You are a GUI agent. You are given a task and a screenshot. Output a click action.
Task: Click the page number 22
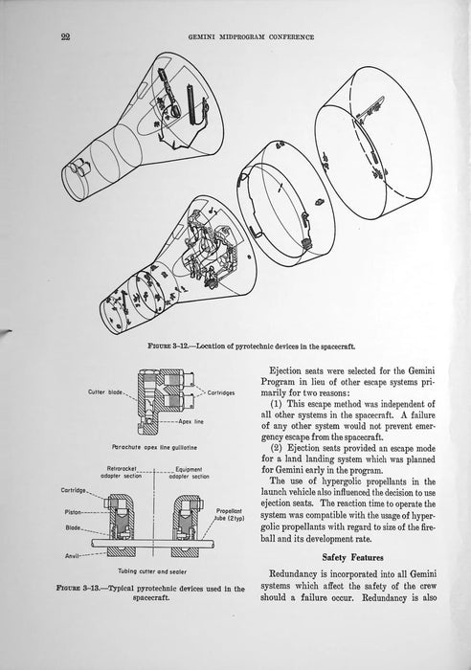pos(65,36)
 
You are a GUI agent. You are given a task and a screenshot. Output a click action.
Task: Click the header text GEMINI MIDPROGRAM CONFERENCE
pos(252,37)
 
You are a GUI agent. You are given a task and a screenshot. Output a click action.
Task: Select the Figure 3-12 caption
pos(252,346)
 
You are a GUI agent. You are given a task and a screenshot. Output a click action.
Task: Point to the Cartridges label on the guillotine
pos(221,392)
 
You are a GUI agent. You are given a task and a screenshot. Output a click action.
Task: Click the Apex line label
pos(191,421)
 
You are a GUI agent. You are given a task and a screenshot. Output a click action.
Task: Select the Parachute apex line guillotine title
pos(155,447)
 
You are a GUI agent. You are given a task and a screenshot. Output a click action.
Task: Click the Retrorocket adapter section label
pos(121,472)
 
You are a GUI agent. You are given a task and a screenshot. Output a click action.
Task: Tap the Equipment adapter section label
pos(190,473)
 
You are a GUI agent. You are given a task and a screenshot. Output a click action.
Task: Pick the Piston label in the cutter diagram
pos(73,512)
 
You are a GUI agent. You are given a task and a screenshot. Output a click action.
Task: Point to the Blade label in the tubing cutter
pos(73,527)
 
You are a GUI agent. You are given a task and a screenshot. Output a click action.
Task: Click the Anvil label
pos(72,556)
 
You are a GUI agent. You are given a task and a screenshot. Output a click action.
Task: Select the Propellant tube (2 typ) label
pos(229,515)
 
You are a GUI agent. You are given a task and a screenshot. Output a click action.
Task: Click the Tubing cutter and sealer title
pos(152,571)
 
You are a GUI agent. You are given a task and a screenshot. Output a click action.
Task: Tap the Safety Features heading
pos(352,557)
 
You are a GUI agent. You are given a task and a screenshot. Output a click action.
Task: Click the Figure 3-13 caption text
pos(150,592)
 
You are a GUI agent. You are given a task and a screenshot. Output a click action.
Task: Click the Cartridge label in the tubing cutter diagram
pos(74,490)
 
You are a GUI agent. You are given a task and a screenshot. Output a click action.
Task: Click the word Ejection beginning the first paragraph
pos(285,371)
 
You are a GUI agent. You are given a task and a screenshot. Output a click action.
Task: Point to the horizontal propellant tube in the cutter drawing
pos(153,543)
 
